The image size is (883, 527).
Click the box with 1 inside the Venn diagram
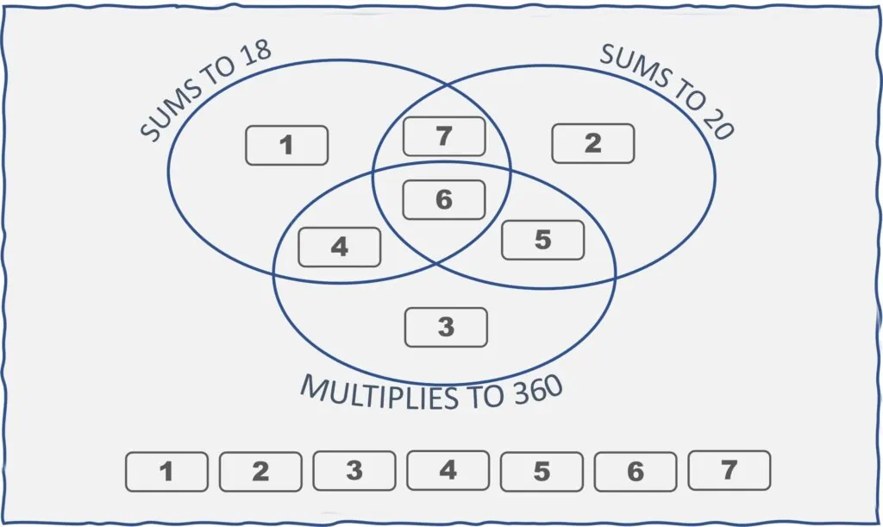click(x=286, y=145)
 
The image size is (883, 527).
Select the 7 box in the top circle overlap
click(x=444, y=136)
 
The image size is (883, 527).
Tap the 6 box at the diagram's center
click(x=444, y=199)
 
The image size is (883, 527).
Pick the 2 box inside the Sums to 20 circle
click(x=592, y=143)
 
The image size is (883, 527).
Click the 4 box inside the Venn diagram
click(x=339, y=247)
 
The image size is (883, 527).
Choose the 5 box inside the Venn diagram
click(x=542, y=240)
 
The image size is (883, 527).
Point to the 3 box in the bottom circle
click(x=446, y=327)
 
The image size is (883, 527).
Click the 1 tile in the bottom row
click(x=166, y=472)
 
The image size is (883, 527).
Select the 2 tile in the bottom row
click(x=260, y=472)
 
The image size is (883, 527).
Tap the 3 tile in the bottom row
click(x=354, y=471)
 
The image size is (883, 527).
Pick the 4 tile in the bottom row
click(x=448, y=470)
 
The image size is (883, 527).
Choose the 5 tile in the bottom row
click(x=542, y=472)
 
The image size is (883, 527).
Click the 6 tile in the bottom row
click(x=636, y=472)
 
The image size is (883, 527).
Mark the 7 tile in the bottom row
click(x=729, y=470)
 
